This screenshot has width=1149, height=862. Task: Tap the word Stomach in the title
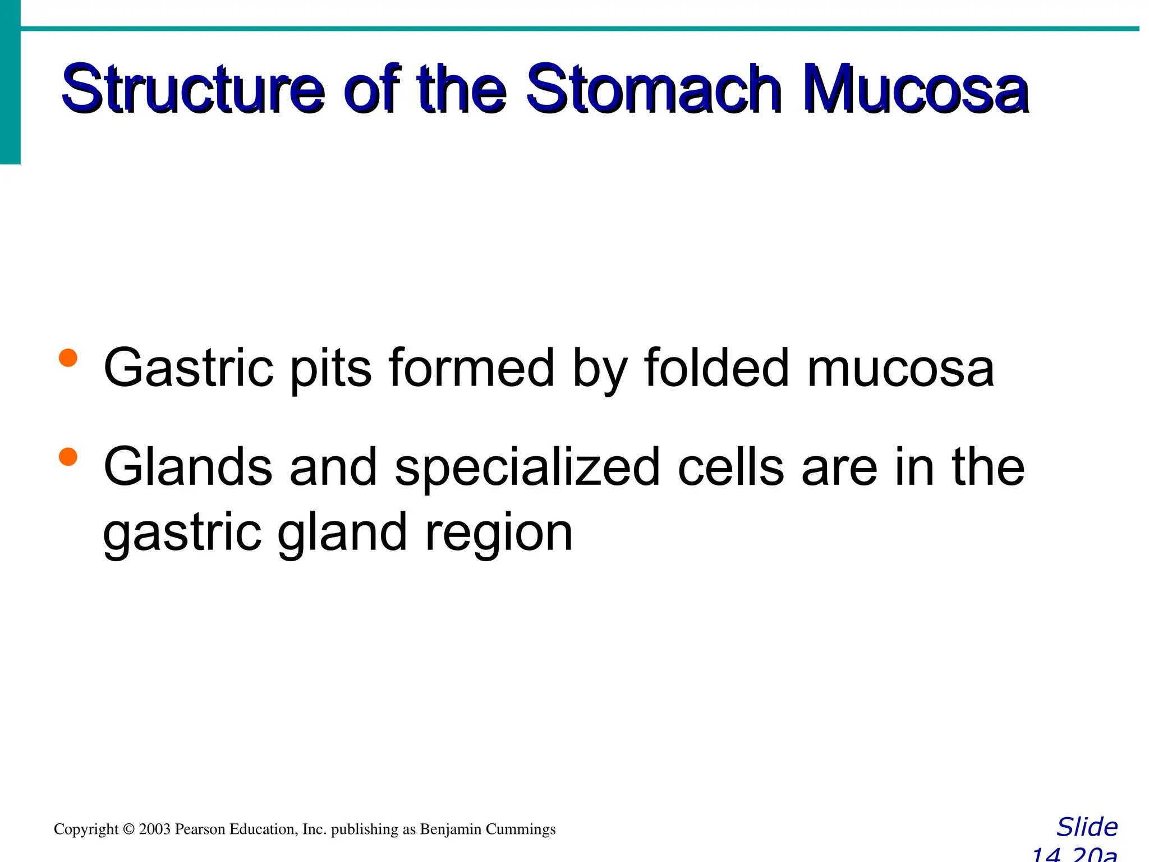pos(654,90)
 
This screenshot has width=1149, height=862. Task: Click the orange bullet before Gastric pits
pos(68,357)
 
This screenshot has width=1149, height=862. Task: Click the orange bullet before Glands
pos(68,456)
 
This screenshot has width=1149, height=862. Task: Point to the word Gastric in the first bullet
pos(189,368)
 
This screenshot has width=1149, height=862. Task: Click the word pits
pos(330,368)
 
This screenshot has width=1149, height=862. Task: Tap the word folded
pos(717,368)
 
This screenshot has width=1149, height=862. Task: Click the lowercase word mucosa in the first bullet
pos(900,368)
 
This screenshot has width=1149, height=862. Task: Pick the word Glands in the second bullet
pos(189,467)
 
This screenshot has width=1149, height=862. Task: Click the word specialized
pos(527,467)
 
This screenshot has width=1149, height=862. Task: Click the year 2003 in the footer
pos(155,829)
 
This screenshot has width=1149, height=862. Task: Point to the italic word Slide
pos(1087,827)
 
